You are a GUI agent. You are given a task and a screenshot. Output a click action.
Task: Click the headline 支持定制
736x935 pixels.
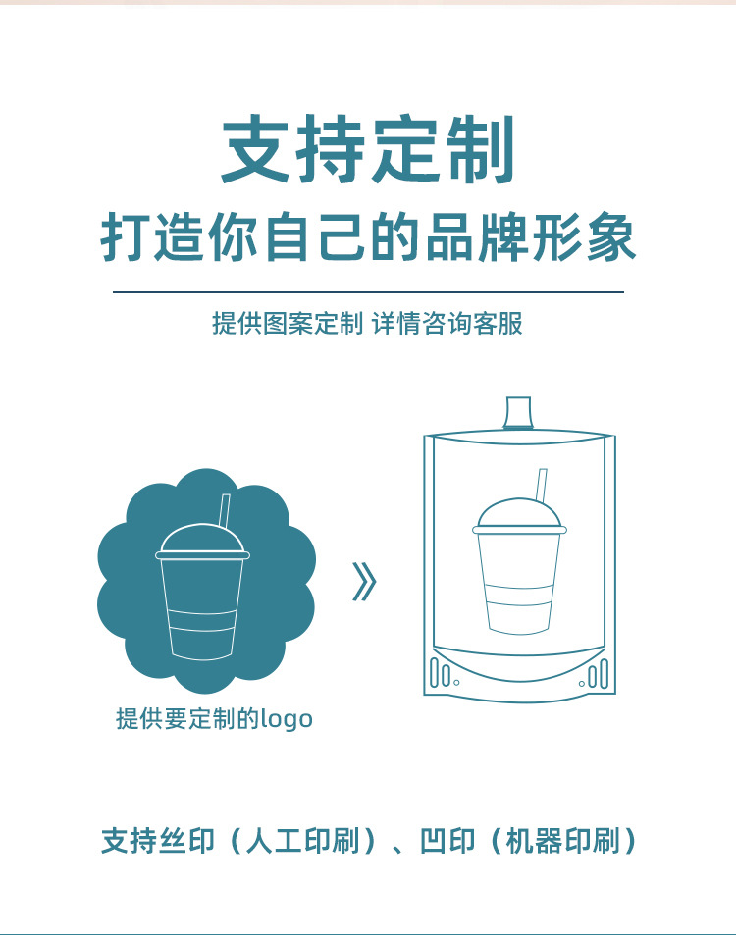[368, 151]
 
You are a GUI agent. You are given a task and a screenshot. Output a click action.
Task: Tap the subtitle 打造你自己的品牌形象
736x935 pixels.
[368, 238]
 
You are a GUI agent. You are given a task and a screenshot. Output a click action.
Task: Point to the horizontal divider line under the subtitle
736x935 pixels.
[368, 292]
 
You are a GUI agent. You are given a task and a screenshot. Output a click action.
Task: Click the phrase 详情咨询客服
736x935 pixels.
[448, 324]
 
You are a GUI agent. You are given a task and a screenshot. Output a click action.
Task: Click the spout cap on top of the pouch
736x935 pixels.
[518, 413]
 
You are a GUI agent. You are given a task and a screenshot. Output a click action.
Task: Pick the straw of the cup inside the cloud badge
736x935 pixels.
[224, 510]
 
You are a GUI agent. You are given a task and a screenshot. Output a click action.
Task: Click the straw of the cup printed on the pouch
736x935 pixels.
[540, 484]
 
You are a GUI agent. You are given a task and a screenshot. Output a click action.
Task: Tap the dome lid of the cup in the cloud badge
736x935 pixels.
[199, 540]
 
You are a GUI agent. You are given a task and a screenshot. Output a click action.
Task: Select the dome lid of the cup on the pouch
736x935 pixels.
[520, 515]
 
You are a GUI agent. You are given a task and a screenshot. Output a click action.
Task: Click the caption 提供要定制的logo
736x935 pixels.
[214, 719]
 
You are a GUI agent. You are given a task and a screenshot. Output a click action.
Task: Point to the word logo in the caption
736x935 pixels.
[287, 719]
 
